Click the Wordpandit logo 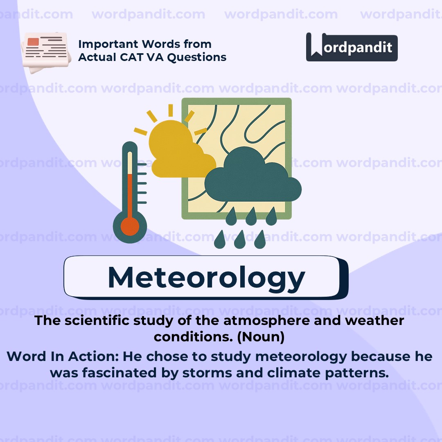click(x=352, y=47)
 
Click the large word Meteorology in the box click(x=206, y=277)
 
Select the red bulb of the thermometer click(x=130, y=226)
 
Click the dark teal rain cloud click(x=253, y=176)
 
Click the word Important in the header click(x=108, y=44)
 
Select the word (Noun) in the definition click(x=261, y=337)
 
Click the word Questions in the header click(x=197, y=58)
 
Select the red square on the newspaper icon click(x=33, y=42)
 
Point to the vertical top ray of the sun click(x=171, y=110)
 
